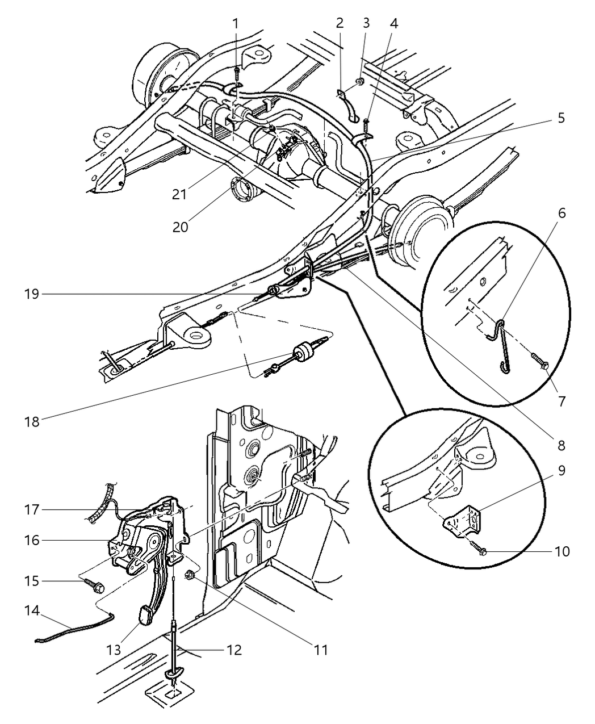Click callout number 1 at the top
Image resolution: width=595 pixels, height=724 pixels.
coord(236,23)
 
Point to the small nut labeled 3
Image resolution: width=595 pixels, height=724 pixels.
coord(361,85)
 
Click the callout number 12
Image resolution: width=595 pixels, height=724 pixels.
coord(234,650)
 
